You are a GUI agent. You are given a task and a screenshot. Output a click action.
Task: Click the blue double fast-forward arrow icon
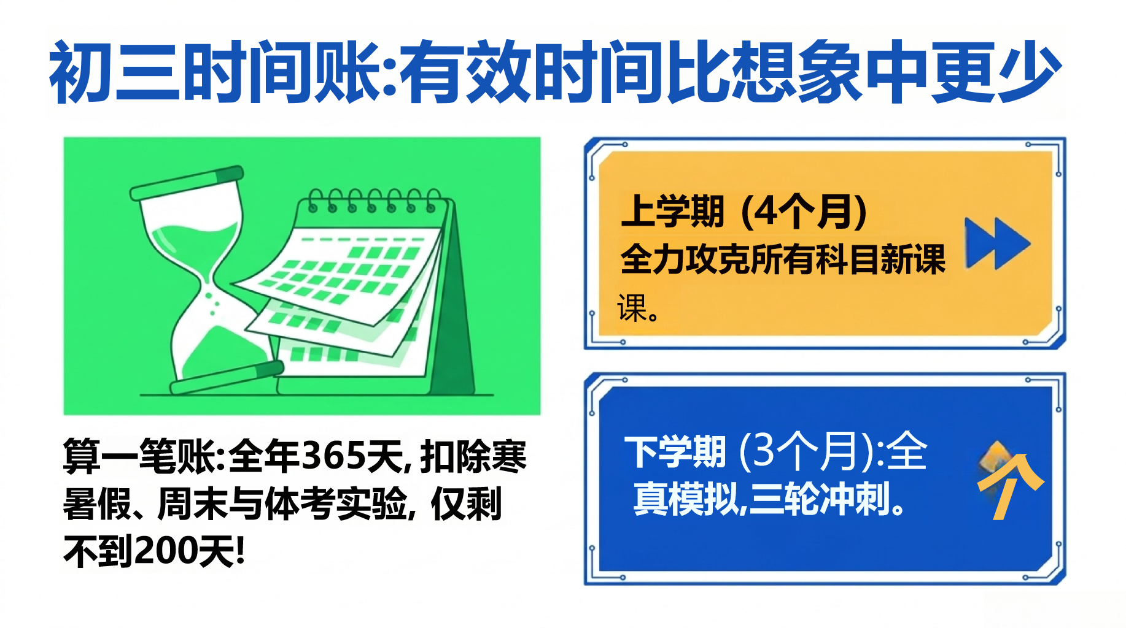[997, 243]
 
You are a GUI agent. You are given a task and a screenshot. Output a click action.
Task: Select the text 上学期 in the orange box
[673, 211]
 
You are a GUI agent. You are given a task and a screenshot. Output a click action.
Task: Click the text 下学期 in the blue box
[675, 452]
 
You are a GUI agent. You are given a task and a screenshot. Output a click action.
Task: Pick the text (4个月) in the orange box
[805, 211]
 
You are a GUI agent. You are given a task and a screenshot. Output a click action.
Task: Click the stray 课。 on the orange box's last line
[639, 308]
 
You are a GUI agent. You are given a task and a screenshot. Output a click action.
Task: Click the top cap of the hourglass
[187, 182]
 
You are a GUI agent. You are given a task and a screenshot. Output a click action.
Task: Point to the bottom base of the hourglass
[227, 378]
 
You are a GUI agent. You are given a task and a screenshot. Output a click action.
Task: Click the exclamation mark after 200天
[240, 550]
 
